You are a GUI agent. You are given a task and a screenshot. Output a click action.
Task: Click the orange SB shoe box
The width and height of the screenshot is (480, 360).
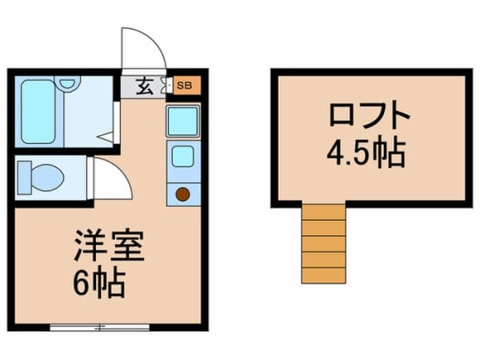184,84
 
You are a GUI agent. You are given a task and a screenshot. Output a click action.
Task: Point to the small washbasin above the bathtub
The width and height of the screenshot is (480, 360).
67,82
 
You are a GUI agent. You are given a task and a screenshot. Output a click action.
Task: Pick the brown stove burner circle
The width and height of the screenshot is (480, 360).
182,193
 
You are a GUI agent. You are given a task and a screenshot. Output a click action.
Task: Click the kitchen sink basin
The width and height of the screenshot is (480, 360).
182,155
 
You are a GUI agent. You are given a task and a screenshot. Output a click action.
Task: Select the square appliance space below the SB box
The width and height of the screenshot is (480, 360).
182,121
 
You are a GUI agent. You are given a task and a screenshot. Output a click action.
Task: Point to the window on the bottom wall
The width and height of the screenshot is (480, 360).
100,326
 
